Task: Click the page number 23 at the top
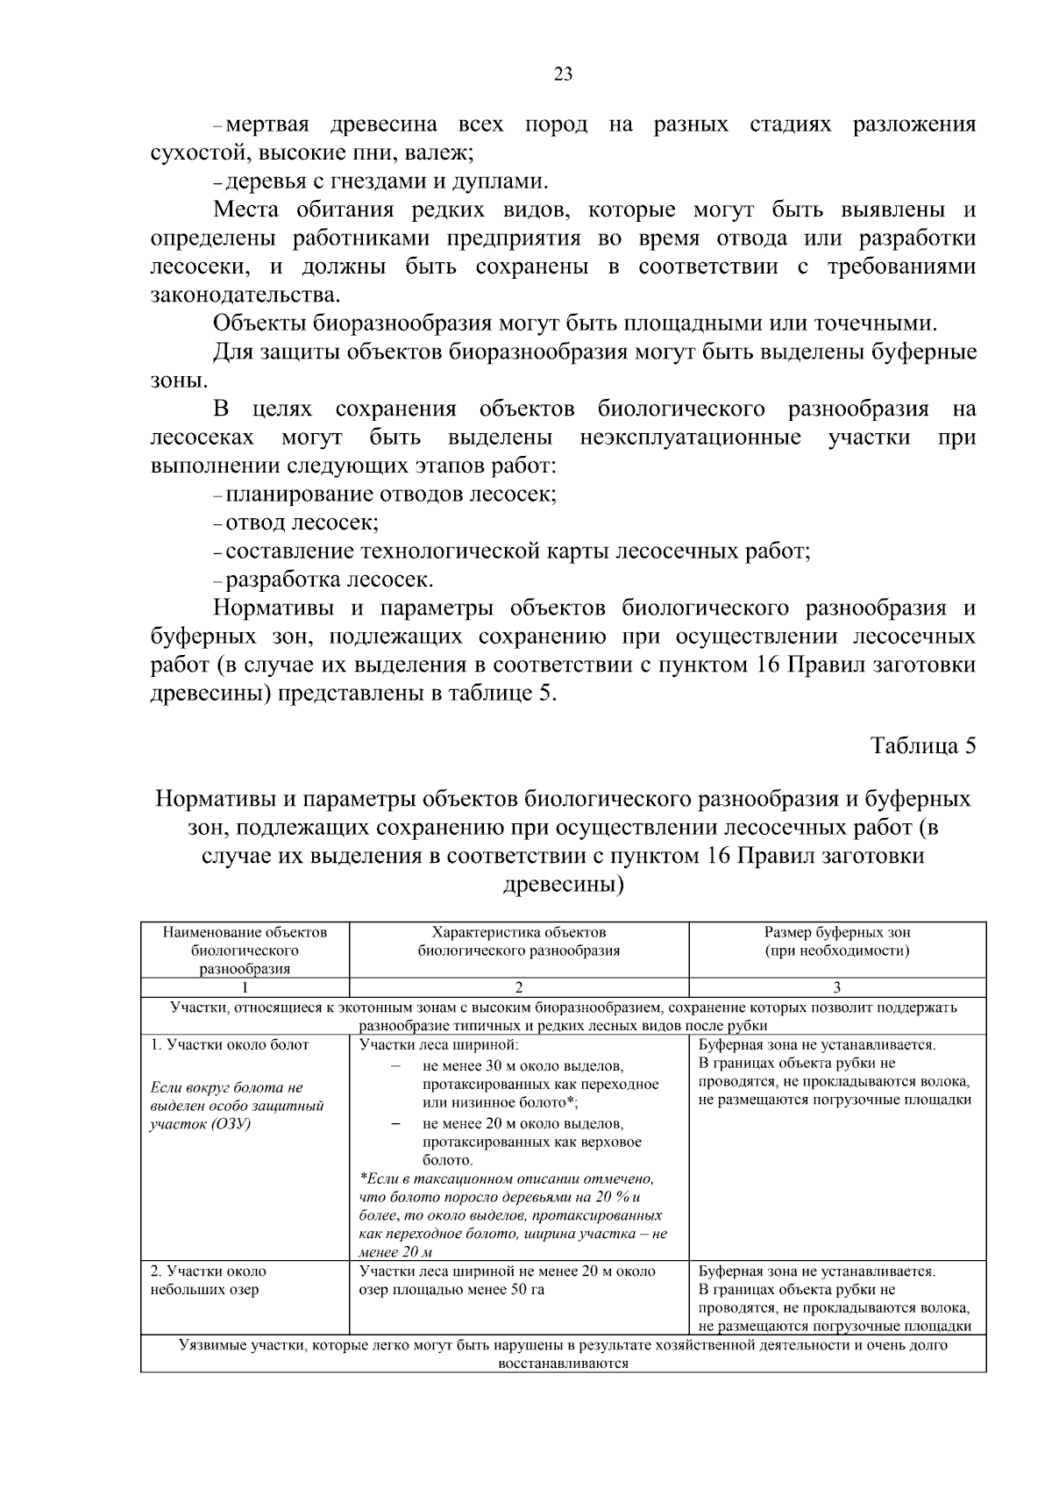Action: pos(564,75)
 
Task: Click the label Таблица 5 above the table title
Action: pos(922,746)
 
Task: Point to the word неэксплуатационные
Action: pos(690,438)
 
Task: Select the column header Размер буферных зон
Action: pos(836,933)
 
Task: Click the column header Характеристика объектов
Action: pos(519,933)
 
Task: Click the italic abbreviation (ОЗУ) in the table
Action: pos(231,1124)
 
